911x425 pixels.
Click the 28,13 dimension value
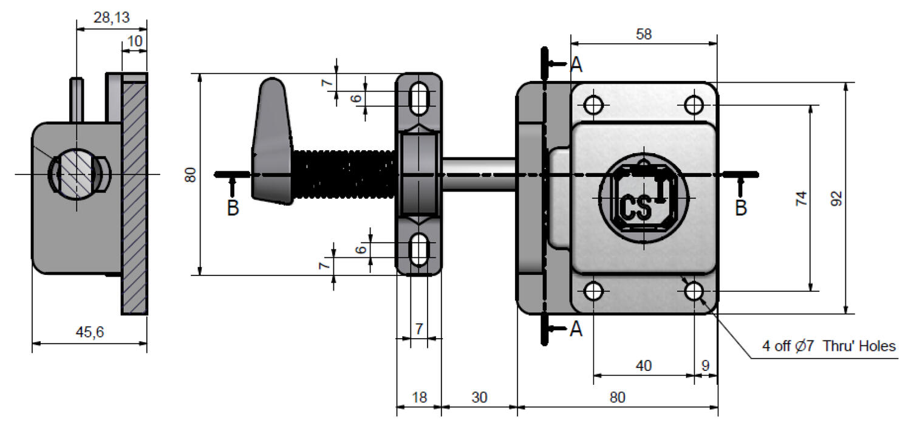click(111, 18)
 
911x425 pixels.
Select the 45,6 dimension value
click(89, 332)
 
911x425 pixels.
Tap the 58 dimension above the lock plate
click(644, 34)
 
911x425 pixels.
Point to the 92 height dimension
click(836, 198)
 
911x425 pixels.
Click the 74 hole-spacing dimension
click(801, 198)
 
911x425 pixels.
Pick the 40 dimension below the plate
click(643, 365)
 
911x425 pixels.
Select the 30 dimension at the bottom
click(479, 397)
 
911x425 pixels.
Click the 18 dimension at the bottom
click(419, 397)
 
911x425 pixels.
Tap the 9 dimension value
click(706, 365)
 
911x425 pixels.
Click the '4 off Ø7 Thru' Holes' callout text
click(829, 346)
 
